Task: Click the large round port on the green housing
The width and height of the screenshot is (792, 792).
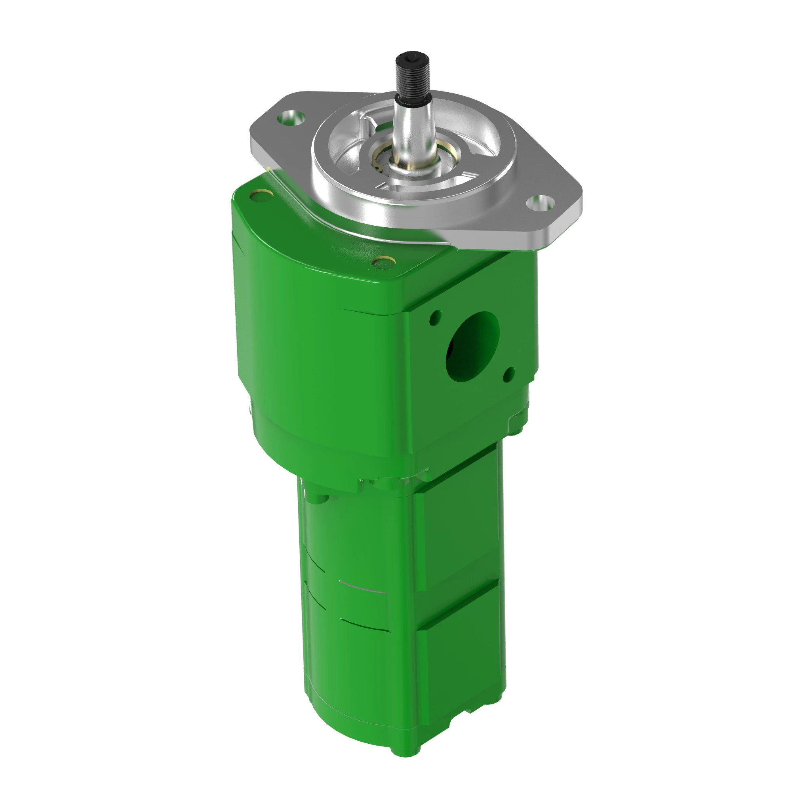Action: (x=472, y=346)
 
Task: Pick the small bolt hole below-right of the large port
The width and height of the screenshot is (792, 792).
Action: (x=510, y=372)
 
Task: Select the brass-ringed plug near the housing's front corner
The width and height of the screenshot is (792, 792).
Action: (x=383, y=261)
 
